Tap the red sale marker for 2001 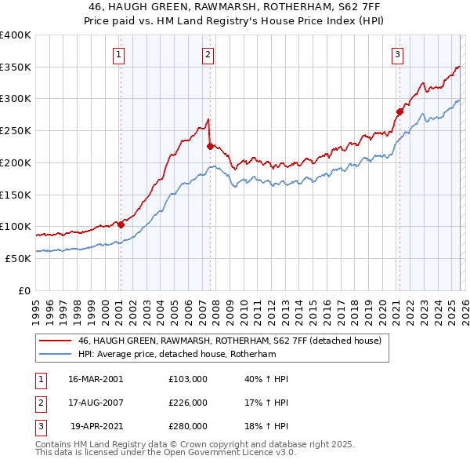121,224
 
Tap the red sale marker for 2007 210,146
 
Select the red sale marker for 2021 399,111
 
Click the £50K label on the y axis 18,258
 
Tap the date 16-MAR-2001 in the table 96,379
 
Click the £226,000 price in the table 188,403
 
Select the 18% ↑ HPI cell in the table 266,426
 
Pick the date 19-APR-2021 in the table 96,426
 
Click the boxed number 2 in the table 39,403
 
